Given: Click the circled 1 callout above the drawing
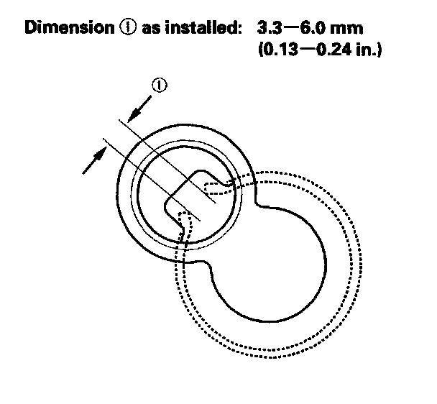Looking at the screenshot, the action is tap(159, 86).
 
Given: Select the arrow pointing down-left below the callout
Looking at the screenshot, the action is tap(138, 109).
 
